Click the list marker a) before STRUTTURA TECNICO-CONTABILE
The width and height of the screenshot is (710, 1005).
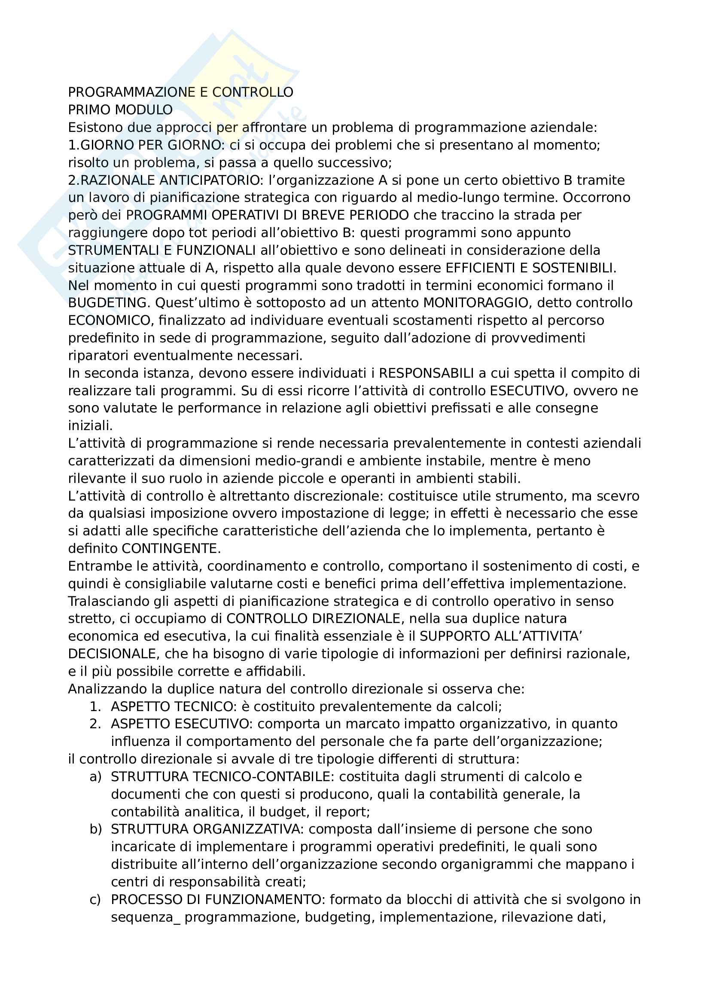[95, 777]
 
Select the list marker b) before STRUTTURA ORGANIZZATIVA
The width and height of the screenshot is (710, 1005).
[95, 829]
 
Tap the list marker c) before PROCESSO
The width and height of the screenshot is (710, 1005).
[95, 900]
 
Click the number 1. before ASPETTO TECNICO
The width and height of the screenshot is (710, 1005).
[95, 706]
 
